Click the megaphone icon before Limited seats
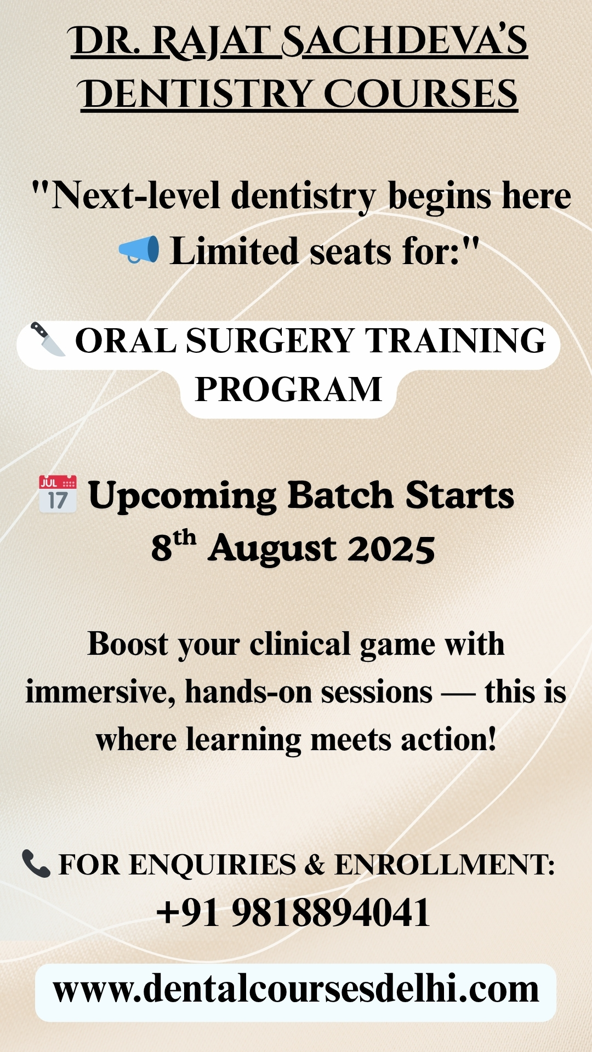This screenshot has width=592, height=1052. (x=139, y=250)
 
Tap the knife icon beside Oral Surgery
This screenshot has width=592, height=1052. (x=48, y=339)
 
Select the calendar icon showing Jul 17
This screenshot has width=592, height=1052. (x=58, y=494)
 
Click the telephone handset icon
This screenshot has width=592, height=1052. (x=36, y=864)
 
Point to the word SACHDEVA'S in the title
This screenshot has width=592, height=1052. (x=405, y=42)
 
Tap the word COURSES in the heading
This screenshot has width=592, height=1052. (x=420, y=94)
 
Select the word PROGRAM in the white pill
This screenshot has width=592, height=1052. (x=288, y=390)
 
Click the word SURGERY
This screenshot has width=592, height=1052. (x=270, y=341)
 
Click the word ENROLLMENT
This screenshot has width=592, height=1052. (x=445, y=865)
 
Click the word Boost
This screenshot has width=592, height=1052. (x=128, y=644)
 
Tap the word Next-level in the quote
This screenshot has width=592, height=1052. (x=136, y=196)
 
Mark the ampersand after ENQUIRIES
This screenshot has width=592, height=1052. (x=315, y=865)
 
